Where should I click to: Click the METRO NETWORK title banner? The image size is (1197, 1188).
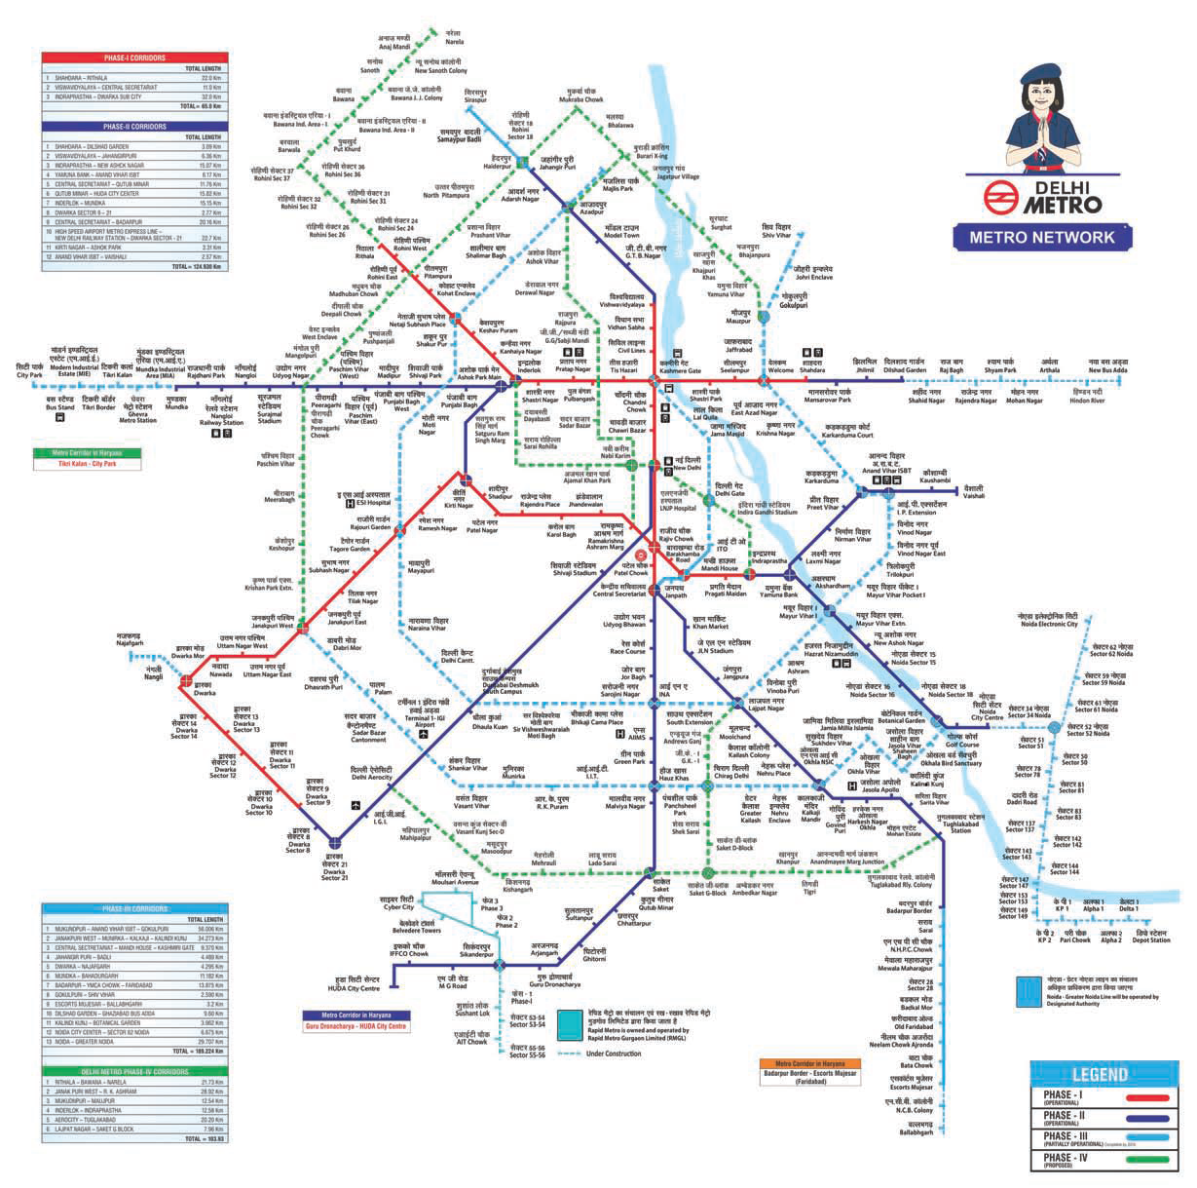point(1034,237)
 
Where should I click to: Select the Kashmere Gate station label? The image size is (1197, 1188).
point(680,365)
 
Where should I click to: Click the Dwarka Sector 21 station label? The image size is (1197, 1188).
point(334,871)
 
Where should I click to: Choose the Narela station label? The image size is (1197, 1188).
point(454,38)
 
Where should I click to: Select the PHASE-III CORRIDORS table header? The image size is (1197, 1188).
point(134,908)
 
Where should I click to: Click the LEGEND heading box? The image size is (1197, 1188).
point(1099,1075)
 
